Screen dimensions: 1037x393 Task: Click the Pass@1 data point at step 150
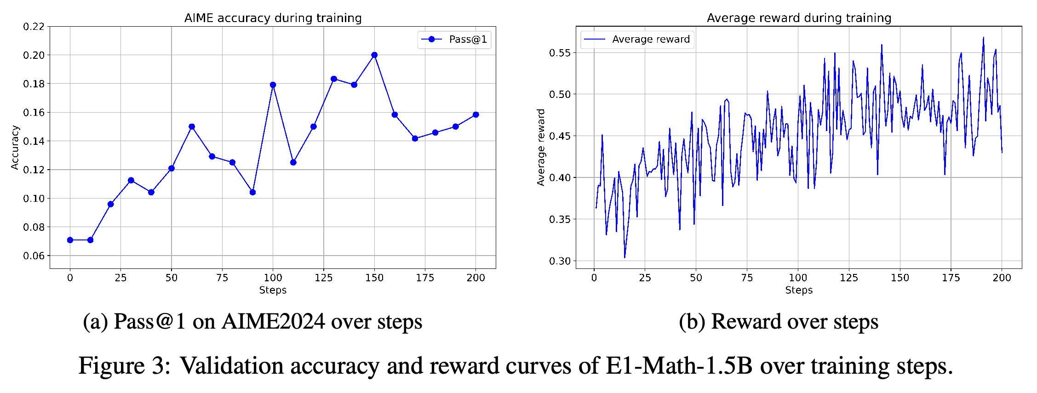coord(374,55)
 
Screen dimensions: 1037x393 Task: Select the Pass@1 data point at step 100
coord(273,85)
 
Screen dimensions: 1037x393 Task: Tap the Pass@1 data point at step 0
coord(70,240)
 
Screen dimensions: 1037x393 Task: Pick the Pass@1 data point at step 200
coord(476,114)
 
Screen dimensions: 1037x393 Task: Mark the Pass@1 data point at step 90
coord(252,192)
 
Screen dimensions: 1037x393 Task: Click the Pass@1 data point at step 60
coord(192,126)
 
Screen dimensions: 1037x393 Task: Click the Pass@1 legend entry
coord(454,40)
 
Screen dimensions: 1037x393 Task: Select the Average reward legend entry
coord(637,40)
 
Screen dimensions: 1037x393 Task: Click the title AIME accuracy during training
coord(273,18)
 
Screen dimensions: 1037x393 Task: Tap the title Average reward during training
coord(799,18)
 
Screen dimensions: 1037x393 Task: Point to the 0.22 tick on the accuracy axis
coord(34,27)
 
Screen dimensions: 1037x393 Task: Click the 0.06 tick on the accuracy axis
coord(34,256)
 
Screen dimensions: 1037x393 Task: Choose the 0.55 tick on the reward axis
coord(560,53)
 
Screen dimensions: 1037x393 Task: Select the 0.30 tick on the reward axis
coord(560,261)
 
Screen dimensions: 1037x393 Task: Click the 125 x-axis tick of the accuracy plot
coord(324,278)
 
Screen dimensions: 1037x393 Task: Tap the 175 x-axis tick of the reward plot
coord(951,278)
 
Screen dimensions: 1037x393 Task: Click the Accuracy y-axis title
coord(15,148)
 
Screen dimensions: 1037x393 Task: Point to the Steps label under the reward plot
coord(799,290)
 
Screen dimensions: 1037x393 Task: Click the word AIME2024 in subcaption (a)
coord(274,321)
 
